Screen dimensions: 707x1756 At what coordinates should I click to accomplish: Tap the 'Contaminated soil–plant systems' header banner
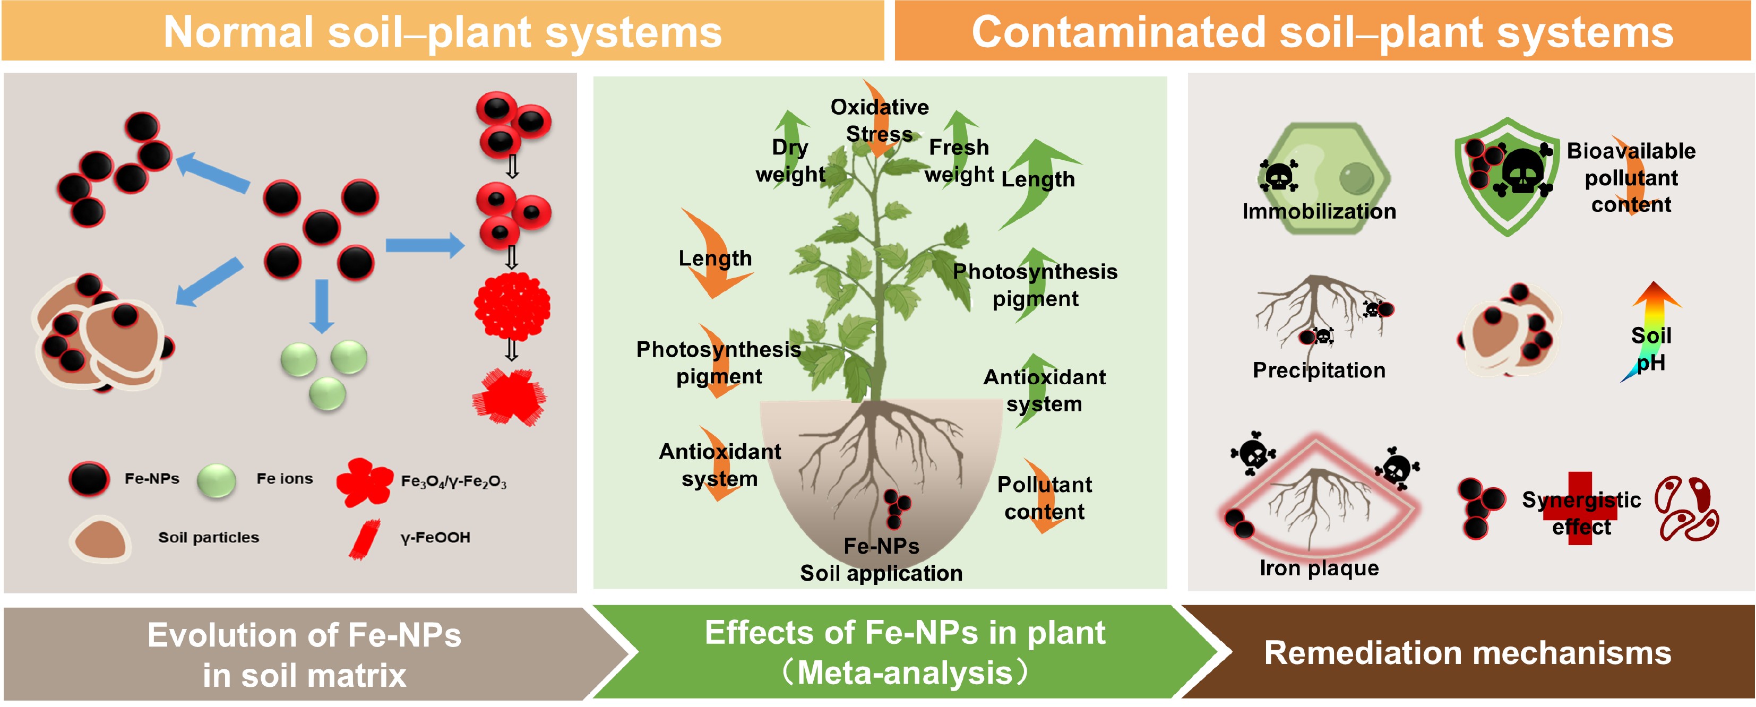(1322, 32)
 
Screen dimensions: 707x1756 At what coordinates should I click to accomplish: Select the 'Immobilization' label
(1319, 211)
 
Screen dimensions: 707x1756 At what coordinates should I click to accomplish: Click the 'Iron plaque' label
(1319, 568)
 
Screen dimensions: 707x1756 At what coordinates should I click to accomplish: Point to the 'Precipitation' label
(1319, 370)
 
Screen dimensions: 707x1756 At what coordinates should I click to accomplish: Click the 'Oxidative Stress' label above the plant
(880, 120)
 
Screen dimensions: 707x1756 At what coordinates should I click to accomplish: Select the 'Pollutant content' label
(1044, 498)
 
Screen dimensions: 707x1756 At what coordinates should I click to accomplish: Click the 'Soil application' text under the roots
(881, 573)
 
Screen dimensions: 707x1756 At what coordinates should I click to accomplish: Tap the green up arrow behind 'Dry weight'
(791, 133)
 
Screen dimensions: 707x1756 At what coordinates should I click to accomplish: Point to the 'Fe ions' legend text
(284, 479)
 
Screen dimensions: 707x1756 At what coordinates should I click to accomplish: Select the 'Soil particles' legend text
(209, 537)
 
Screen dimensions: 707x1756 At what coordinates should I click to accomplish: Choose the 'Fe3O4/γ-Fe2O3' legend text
(453, 481)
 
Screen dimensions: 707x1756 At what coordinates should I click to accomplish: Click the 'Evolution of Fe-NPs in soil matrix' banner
(304, 654)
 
